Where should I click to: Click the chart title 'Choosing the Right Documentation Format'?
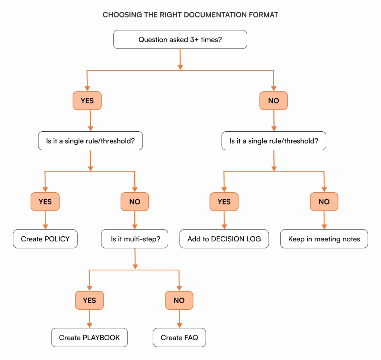point(190,15)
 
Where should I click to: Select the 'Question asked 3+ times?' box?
point(180,39)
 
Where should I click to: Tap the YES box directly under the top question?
point(87,101)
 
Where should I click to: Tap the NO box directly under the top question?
point(273,101)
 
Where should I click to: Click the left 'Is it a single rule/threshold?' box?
point(90,141)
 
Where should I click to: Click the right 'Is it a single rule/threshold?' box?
point(273,141)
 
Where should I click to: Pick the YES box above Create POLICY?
point(45,202)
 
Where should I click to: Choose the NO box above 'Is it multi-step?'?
point(135,202)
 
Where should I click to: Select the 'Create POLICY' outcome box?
point(45,239)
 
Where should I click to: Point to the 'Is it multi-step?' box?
point(135,239)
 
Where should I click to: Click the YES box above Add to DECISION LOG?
point(224,202)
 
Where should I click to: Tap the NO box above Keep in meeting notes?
point(324,202)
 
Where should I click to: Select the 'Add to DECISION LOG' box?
point(224,239)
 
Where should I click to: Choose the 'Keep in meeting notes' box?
point(324,239)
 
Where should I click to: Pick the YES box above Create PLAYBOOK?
point(89,300)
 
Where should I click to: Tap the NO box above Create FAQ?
point(179,300)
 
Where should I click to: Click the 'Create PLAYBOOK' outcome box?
point(89,338)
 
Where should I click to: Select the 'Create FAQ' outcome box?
point(179,338)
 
